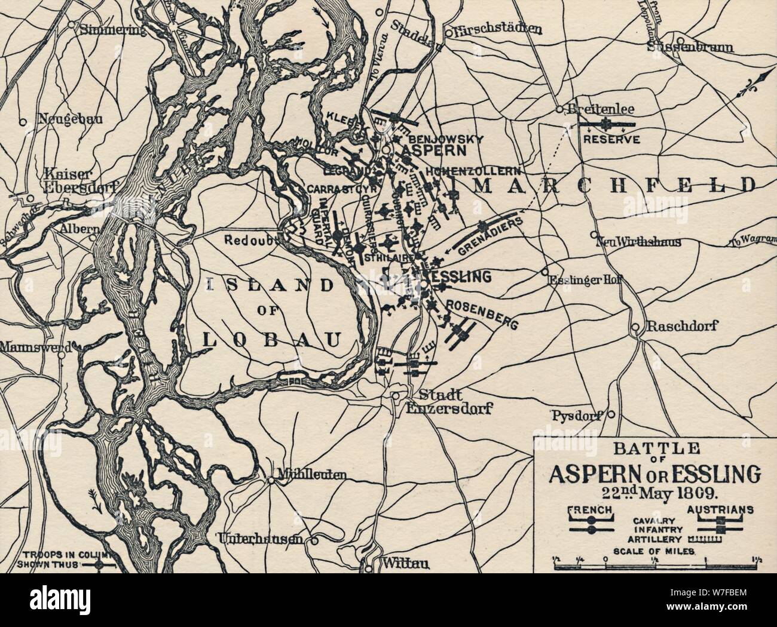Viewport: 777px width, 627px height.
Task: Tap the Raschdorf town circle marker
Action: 635,327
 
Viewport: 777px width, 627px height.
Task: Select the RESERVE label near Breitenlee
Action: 611,140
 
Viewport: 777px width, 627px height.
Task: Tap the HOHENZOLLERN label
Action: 479,171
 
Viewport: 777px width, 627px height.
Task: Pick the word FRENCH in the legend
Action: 589,509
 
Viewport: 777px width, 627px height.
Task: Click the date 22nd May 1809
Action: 654,494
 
